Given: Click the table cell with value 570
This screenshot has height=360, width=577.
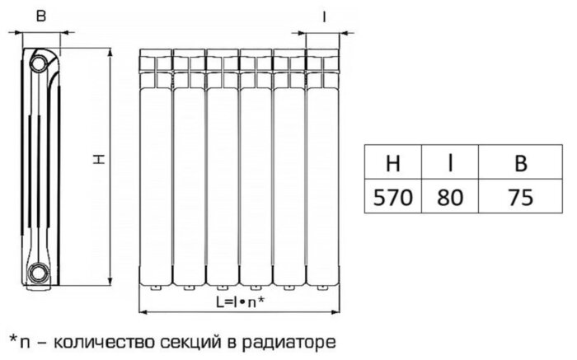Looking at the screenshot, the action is [393, 196].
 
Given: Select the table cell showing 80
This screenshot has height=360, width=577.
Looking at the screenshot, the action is [450, 196].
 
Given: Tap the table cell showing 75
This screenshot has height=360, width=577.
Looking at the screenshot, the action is [520, 196].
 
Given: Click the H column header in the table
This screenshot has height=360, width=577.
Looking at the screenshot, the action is [393, 162].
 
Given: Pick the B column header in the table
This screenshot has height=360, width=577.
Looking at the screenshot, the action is [520, 162].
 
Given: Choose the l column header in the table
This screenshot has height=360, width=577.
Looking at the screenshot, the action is [450, 162].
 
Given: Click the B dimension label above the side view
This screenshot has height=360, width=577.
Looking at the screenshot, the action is [41, 16].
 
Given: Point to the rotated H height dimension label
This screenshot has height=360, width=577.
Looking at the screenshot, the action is [99, 159].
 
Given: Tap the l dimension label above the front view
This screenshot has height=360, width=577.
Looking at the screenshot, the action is [324, 16].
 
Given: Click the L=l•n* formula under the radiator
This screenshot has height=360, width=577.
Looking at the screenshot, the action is [240, 302].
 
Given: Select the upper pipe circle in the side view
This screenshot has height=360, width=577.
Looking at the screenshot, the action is [38, 63].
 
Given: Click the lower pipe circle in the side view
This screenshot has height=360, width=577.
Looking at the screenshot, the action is [38, 273].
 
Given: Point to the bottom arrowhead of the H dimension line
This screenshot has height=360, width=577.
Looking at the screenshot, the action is [110, 282].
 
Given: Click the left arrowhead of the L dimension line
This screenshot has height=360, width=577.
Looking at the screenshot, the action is [143, 312].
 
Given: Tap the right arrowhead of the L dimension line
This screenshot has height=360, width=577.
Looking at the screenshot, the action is [335, 312].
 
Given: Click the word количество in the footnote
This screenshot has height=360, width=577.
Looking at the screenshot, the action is [104, 343].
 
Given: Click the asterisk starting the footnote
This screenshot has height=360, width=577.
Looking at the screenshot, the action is [13, 339].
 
